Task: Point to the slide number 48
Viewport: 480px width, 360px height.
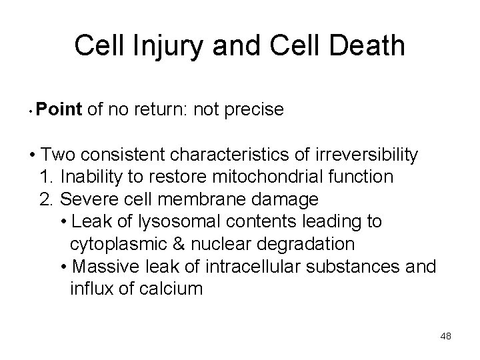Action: (x=446, y=336)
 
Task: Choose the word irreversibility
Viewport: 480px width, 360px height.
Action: (x=363, y=155)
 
